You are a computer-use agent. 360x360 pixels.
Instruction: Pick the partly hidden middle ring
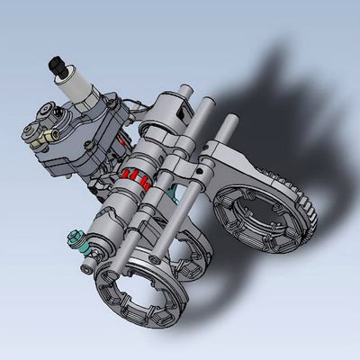[193, 261]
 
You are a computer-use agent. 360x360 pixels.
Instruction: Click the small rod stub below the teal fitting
[85, 266]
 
